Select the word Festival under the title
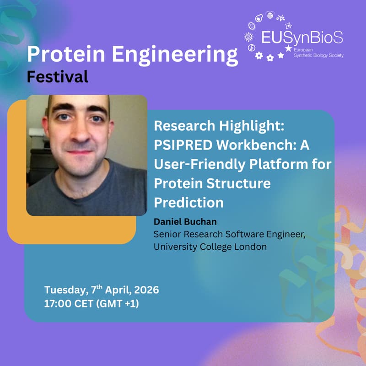click(57, 76)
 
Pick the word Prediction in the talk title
click(188, 201)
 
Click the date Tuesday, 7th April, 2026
click(102, 290)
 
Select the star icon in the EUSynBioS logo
click(288, 48)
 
